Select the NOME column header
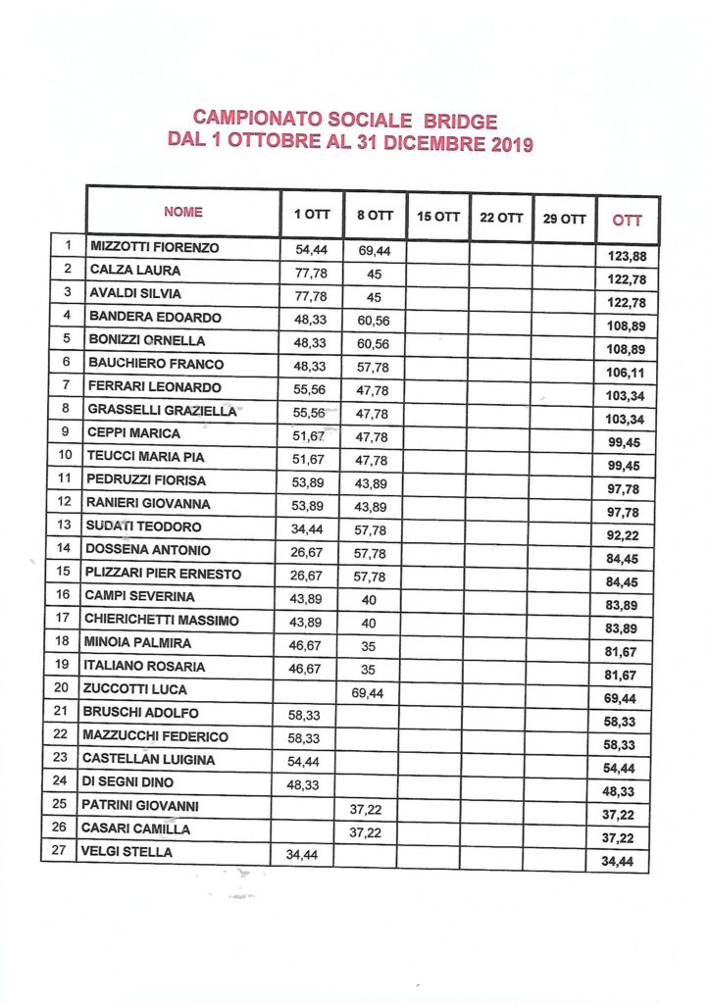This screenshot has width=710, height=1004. click(183, 212)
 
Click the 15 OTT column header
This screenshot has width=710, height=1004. click(437, 217)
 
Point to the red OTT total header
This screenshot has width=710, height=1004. click(628, 220)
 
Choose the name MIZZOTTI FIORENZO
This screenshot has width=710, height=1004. click(154, 246)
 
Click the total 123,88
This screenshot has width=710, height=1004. click(629, 257)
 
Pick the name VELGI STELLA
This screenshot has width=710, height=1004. click(127, 852)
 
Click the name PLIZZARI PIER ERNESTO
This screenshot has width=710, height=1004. click(165, 574)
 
